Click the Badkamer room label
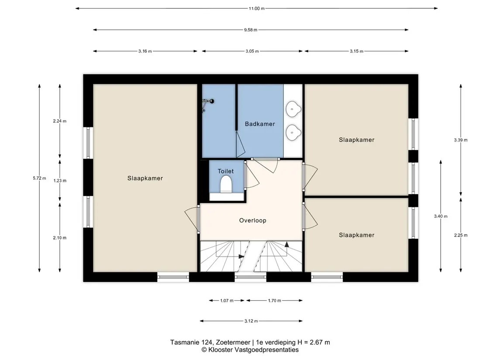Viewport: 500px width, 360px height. coord(259,124)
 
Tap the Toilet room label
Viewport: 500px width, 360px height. coord(225,171)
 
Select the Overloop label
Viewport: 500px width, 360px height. coord(252,220)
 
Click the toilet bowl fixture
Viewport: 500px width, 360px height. coord(226,184)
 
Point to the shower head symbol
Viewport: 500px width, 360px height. coord(208,102)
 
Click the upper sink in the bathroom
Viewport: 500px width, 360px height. coord(293,109)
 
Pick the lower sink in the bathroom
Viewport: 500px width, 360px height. coord(293,132)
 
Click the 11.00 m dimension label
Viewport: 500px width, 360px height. coord(257,9)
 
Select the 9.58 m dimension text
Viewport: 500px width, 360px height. coord(251,30)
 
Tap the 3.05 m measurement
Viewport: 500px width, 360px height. coord(252,51)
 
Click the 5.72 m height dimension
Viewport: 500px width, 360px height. coord(40,178)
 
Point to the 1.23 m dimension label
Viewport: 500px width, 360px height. coord(60,181)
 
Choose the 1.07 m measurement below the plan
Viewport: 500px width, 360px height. coord(227,300)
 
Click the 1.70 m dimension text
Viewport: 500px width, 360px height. coord(275,300)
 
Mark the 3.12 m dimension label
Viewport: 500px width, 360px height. coord(251,321)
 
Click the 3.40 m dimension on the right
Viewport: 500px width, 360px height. coord(441,216)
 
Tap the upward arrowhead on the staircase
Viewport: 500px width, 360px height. coord(286,244)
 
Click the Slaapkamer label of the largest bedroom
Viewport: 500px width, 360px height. coord(145,178)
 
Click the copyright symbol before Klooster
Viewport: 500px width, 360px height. coord(204,350)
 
